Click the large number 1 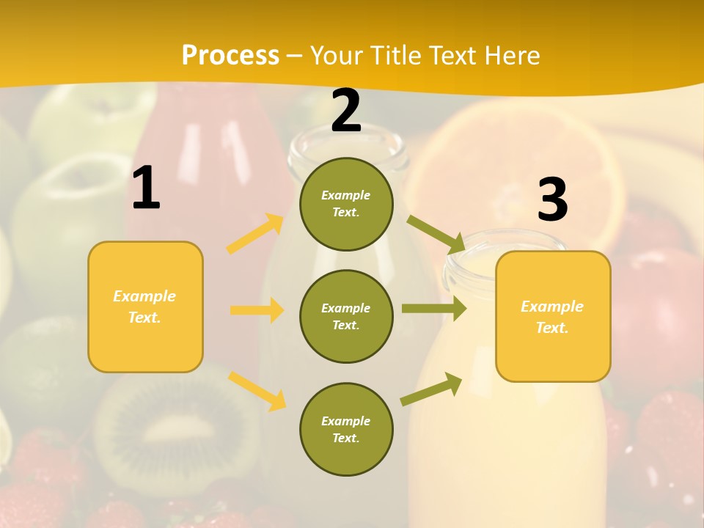click(146, 188)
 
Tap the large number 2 click(346, 111)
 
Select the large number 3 click(552, 199)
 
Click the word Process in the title click(230, 55)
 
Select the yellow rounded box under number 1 click(145, 307)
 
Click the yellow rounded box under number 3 click(553, 316)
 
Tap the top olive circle click(346, 204)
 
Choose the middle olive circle click(346, 316)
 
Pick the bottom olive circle click(346, 429)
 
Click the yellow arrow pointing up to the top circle click(255, 234)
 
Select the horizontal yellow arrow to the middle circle click(257, 310)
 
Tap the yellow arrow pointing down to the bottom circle click(257, 391)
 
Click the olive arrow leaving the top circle click(436, 234)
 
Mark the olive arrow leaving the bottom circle click(431, 389)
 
